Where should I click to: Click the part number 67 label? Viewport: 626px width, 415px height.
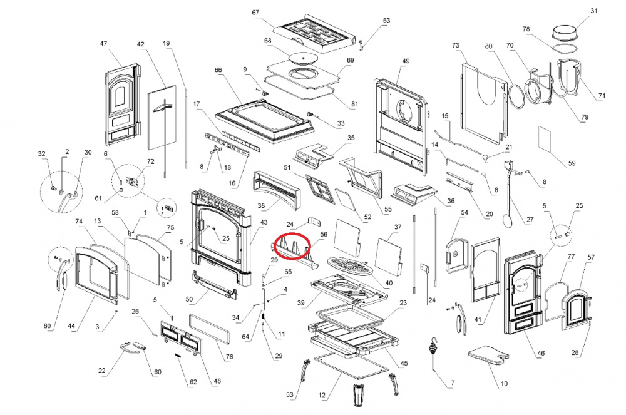click(255, 13)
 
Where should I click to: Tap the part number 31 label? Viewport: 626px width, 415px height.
click(593, 11)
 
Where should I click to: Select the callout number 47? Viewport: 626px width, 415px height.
click(103, 43)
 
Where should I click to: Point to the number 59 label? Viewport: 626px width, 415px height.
click(572, 163)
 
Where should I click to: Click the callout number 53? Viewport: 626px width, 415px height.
click(290, 394)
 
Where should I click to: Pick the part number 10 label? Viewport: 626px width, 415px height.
click(504, 384)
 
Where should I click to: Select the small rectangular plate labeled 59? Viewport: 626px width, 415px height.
click(545, 140)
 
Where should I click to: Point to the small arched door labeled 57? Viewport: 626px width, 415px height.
click(575, 310)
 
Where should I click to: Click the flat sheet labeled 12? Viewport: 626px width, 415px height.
click(351, 367)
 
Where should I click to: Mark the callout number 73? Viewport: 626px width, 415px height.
click(456, 46)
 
